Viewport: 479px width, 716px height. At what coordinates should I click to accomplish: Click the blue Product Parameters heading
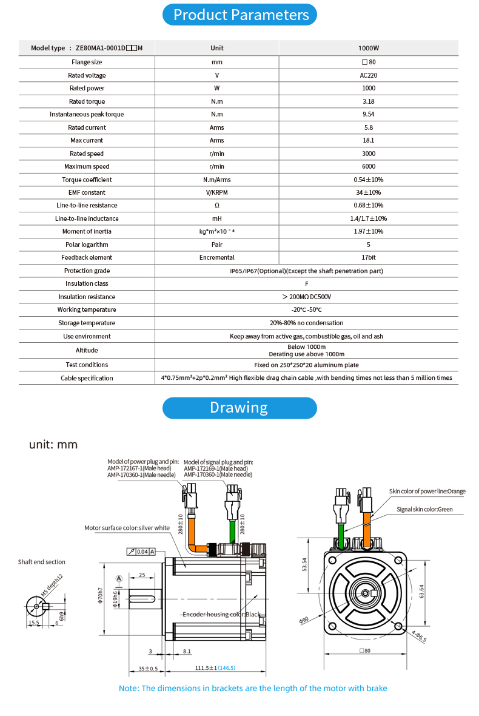[239, 15]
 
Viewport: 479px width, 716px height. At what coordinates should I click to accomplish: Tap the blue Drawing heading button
[239, 408]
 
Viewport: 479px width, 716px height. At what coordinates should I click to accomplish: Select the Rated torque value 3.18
[369, 101]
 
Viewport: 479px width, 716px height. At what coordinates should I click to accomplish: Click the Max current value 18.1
[369, 140]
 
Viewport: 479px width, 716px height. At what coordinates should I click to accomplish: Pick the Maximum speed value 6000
[369, 166]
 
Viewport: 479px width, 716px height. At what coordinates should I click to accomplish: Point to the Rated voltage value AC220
[369, 75]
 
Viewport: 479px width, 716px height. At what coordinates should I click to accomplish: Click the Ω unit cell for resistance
[217, 205]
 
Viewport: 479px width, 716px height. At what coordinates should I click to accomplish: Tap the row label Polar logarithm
[87, 245]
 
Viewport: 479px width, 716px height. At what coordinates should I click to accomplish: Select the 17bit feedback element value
[369, 257]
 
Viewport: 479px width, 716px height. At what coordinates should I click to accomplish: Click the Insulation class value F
[306, 283]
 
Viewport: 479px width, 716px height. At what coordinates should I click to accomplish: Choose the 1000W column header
[369, 48]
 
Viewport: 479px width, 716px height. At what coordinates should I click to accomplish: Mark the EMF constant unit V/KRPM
[217, 192]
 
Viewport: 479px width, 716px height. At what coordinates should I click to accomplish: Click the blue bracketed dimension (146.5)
[227, 668]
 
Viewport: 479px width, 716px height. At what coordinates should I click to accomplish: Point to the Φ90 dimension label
[304, 620]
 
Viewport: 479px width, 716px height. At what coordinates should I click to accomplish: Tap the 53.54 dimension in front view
[305, 565]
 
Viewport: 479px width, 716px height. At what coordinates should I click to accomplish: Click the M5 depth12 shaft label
[52, 586]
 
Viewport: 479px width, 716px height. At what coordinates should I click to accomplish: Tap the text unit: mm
[53, 445]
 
